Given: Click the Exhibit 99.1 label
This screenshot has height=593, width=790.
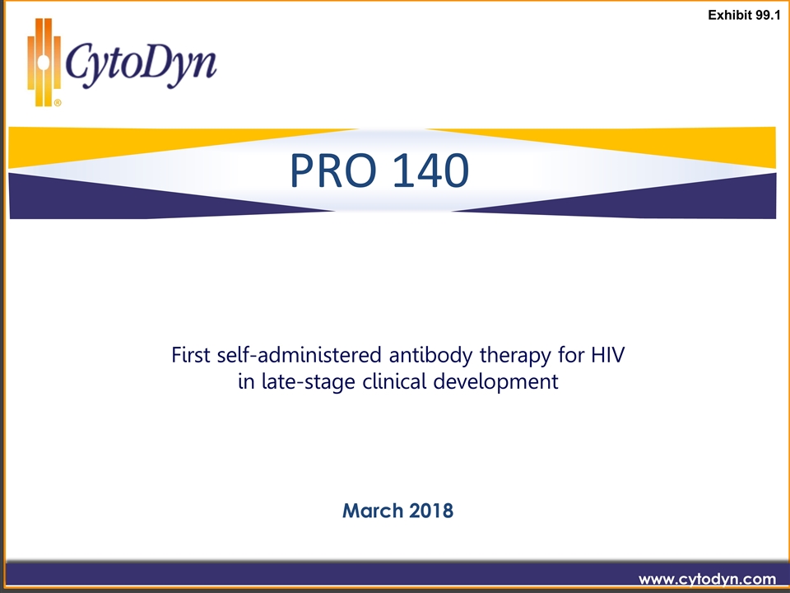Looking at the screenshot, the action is pyautogui.click(x=744, y=15).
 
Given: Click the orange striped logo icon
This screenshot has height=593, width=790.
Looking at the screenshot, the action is pyautogui.click(x=44, y=63).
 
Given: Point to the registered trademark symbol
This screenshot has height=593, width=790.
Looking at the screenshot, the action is pyautogui.click(x=58, y=103).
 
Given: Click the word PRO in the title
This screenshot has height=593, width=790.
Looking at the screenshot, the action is pyautogui.click(x=333, y=170).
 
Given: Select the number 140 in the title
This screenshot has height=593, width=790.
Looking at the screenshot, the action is pyautogui.click(x=430, y=170).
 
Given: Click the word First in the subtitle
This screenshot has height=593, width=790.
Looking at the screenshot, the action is pyautogui.click(x=190, y=354).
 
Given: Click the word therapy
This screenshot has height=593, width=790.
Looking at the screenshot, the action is pyautogui.click(x=515, y=356).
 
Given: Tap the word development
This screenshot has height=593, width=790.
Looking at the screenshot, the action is pyautogui.click(x=495, y=382).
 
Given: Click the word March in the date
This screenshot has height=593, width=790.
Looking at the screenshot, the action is pyautogui.click(x=372, y=511).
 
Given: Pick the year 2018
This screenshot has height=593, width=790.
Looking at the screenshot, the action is pyautogui.click(x=430, y=511).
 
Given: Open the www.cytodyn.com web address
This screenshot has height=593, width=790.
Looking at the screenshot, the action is pyautogui.click(x=708, y=579).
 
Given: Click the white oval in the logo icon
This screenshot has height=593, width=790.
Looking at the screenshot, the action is pyautogui.click(x=44, y=63).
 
